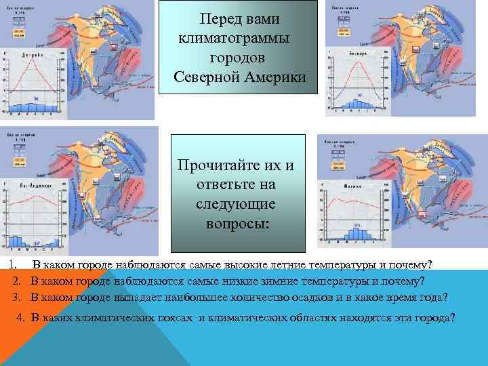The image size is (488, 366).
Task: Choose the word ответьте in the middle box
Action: (x=237, y=185)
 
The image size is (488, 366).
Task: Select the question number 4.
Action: (x=20, y=317)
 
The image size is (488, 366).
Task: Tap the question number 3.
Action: (x=16, y=297)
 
